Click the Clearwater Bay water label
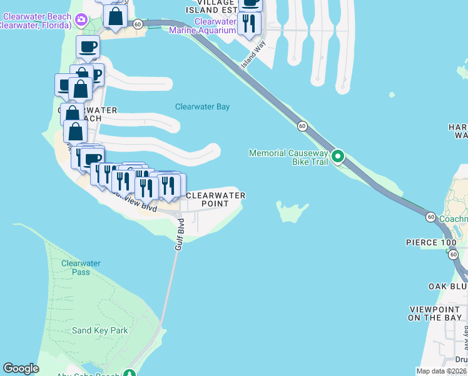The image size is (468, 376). (202, 107)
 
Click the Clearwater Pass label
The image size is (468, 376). (81, 268)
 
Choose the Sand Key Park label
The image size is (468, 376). (99, 330)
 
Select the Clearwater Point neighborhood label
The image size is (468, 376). (215, 199)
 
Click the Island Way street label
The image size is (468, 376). (254, 55)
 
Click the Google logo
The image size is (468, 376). (21, 368)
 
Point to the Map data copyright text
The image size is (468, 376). (442, 371)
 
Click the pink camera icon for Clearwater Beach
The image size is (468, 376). (81, 20)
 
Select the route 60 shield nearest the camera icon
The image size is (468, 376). (138, 23)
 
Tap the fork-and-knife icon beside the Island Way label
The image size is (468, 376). (250, 23)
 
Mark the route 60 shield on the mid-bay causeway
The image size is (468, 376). (302, 126)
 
